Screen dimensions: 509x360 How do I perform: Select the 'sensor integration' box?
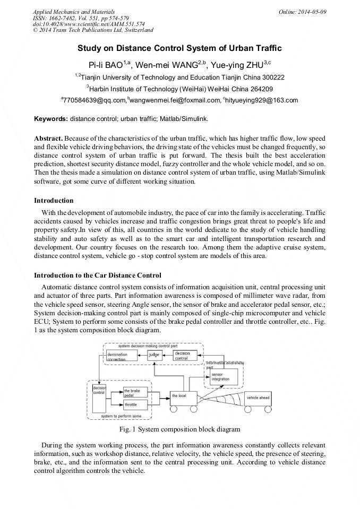221,377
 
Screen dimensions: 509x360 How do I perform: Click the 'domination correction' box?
121,356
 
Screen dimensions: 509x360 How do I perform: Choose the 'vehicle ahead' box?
259,398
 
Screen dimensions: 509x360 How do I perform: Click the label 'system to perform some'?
122,417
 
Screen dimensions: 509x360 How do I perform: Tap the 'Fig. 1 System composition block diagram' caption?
180,428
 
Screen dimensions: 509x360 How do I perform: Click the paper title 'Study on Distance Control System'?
179,48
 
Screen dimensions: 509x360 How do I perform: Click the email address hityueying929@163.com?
253,100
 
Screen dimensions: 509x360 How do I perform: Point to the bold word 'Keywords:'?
51,118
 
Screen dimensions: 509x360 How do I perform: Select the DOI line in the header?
89,24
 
